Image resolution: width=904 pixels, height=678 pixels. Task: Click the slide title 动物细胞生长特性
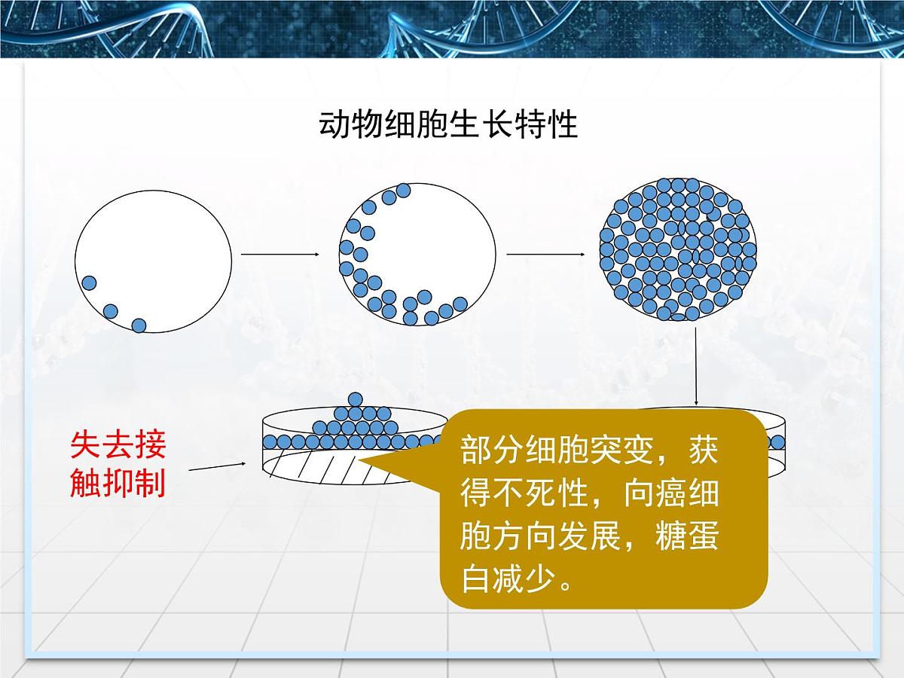click(x=449, y=124)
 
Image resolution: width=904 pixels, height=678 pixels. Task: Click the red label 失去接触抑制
click(x=118, y=464)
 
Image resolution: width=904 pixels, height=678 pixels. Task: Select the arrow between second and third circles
click(x=546, y=255)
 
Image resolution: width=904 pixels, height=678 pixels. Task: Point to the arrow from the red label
click(x=219, y=468)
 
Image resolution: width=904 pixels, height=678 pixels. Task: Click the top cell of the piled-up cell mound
click(x=355, y=400)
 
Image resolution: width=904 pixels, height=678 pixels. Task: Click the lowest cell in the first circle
click(x=139, y=325)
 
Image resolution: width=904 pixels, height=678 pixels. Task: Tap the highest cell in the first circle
click(x=89, y=283)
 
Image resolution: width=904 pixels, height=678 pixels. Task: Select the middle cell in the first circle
click(x=111, y=310)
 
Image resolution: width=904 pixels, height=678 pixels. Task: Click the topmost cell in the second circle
click(x=403, y=191)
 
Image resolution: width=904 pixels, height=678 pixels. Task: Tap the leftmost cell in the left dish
click(x=270, y=441)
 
